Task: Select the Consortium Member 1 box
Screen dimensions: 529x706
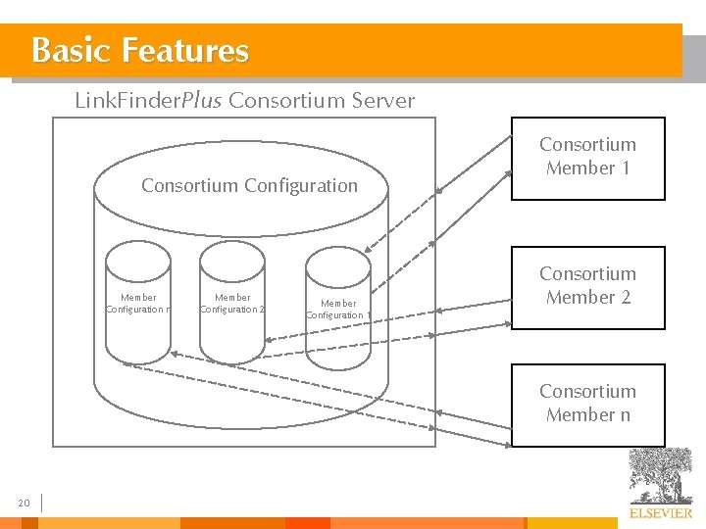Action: coord(588,158)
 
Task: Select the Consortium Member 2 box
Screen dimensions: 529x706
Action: coord(588,286)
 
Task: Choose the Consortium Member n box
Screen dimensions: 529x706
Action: coord(588,404)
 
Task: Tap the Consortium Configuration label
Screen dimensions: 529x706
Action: coord(249,185)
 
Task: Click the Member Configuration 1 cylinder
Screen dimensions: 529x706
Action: coord(338,309)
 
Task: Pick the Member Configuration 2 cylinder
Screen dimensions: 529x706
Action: coord(232,302)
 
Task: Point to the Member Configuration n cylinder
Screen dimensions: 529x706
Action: coord(138,302)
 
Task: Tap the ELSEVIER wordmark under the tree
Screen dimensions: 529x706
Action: coord(660,513)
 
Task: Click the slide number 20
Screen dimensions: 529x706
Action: coord(25,504)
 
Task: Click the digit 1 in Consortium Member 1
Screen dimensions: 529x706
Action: coord(625,168)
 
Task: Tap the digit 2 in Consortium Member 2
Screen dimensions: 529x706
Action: coord(625,298)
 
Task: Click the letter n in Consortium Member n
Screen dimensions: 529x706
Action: coord(625,415)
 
